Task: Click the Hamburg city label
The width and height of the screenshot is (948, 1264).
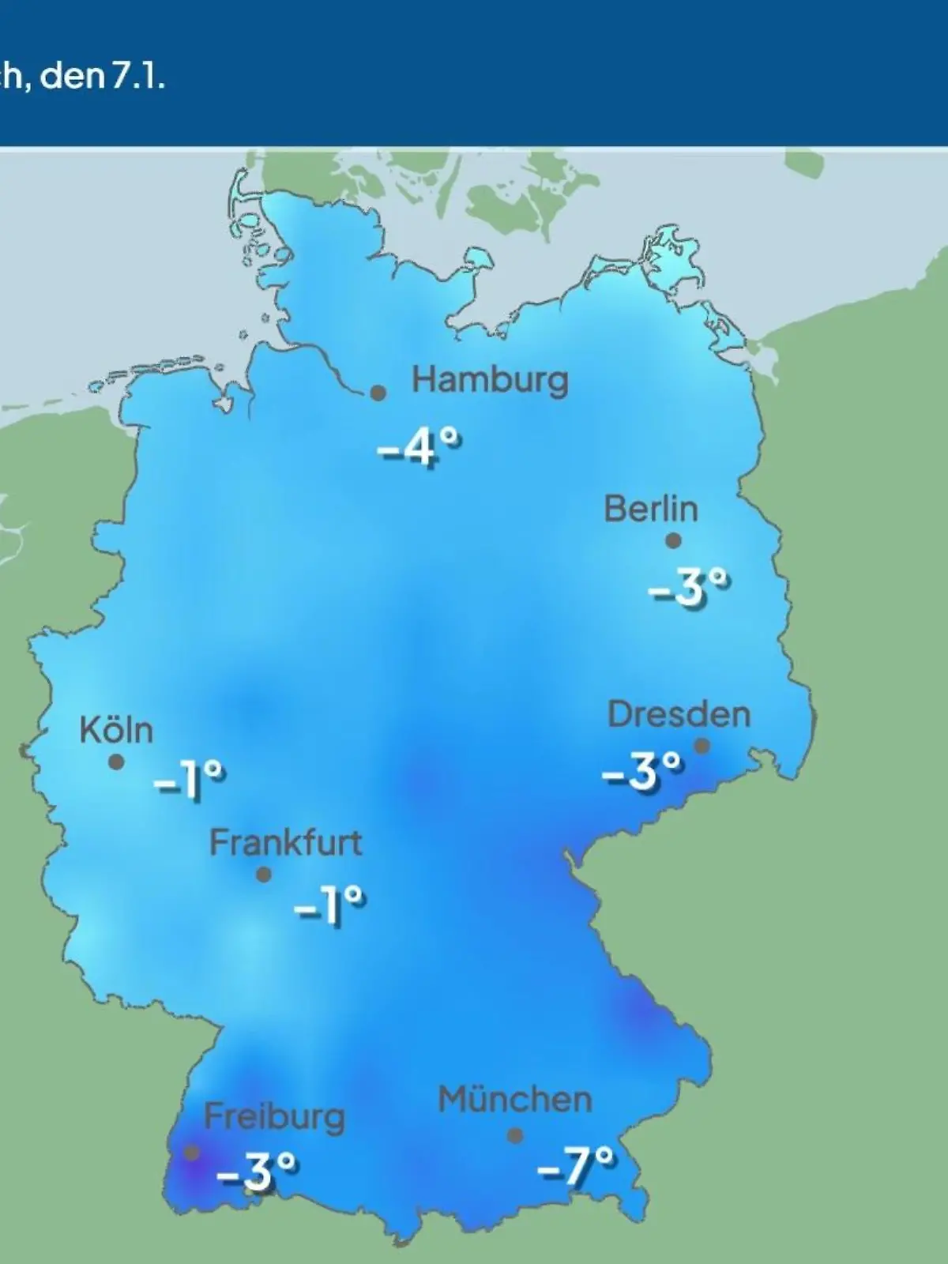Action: click(490, 381)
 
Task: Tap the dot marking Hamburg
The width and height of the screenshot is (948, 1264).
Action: click(378, 393)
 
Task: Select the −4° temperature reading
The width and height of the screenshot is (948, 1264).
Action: click(419, 448)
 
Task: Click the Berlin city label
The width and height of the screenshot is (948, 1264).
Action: click(651, 509)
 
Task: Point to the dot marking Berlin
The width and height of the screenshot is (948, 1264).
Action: click(673, 541)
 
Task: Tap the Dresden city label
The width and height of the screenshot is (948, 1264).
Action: click(679, 715)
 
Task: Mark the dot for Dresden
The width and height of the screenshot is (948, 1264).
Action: click(702, 746)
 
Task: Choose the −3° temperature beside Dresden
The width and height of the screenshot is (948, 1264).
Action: click(641, 770)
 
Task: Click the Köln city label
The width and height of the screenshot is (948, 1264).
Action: click(116, 730)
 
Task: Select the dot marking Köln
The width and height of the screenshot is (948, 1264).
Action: click(116, 762)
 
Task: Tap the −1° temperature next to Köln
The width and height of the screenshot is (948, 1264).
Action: click(190, 780)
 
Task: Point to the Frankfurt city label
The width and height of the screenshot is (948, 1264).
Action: click(285, 843)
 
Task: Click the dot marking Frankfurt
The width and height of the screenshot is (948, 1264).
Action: click(264, 875)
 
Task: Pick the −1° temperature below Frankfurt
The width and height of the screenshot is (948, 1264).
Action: click(329, 905)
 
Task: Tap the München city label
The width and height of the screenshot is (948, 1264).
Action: click(515, 1100)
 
